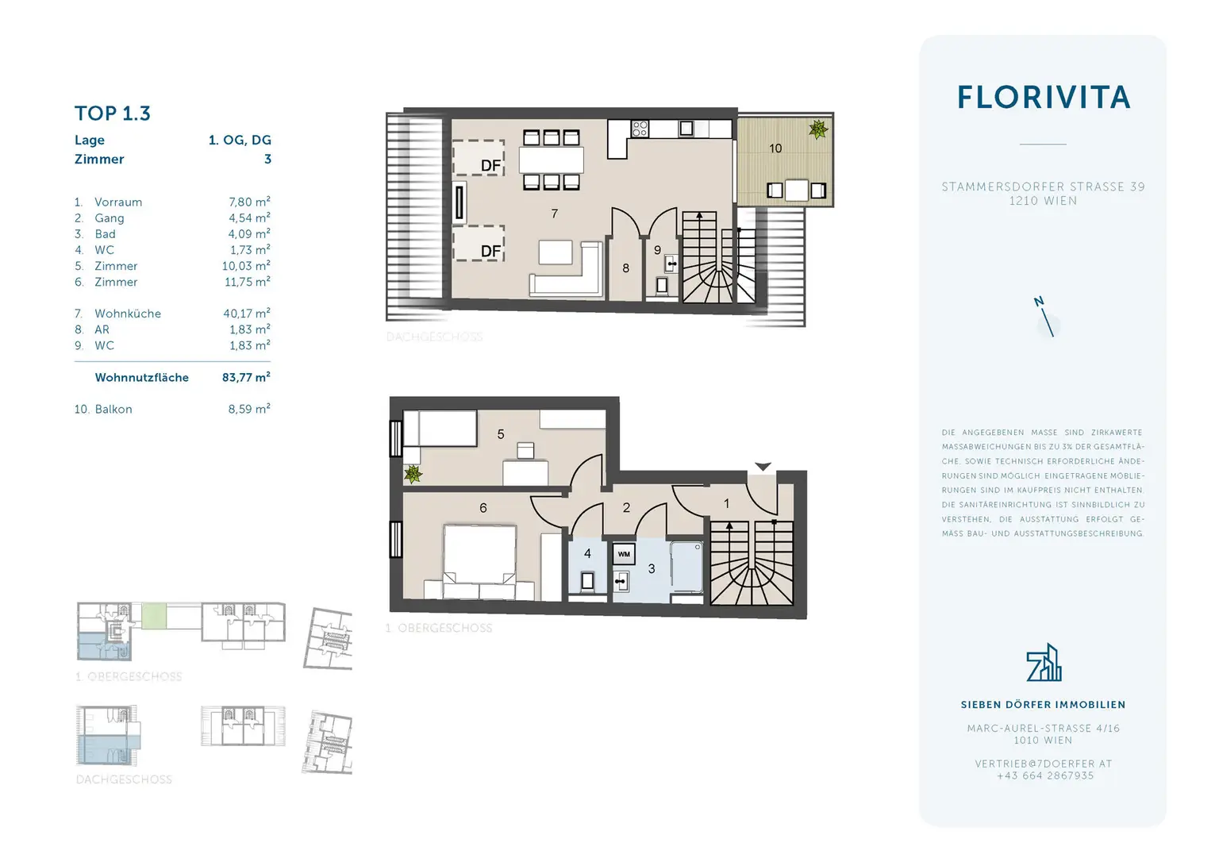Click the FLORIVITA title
pos(1043,98)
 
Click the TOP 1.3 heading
pos(113,114)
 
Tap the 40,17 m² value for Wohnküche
pos(246,314)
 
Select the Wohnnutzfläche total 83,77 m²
pos(246,378)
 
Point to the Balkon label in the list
pos(113,410)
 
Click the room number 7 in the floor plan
pos(554,214)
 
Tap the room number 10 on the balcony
pos(775,148)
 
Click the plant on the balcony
pos(817,129)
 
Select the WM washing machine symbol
pos(624,554)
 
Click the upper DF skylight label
pos(490,165)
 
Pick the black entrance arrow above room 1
pos(763,467)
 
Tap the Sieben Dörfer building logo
pos(1043,664)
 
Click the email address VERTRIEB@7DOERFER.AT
pos(1043,764)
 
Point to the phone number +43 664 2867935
pos(1044,775)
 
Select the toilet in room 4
pos(587,580)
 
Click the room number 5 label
pos(501,434)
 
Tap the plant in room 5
pos(413,475)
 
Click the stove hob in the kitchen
pos(640,129)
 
